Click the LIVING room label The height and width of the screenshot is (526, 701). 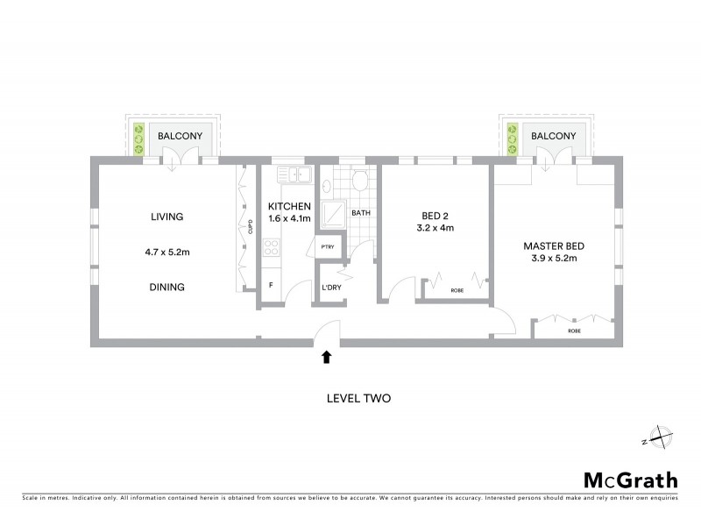pyautogui.click(x=166, y=217)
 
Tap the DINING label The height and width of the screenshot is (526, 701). pyautogui.click(x=166, y=287)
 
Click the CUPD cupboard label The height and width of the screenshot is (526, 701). pyautogui.click(x=250, y=226)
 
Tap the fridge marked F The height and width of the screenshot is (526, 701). pyautogui.click(x=271, y=286)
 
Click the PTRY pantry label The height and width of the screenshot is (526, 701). pyautogui.click(x=328, y=248)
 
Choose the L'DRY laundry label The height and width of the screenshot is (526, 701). pyautogui.click(x=331, y=288)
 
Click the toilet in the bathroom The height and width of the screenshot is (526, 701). pyautogui.click(x=358, y=180)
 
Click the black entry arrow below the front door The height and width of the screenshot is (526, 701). pyautogui.click(x=326, y=357)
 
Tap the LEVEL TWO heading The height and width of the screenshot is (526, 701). pyautogui.click(x=358, y=398)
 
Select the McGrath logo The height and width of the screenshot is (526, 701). pyautogui.click(x=630, y=480)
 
